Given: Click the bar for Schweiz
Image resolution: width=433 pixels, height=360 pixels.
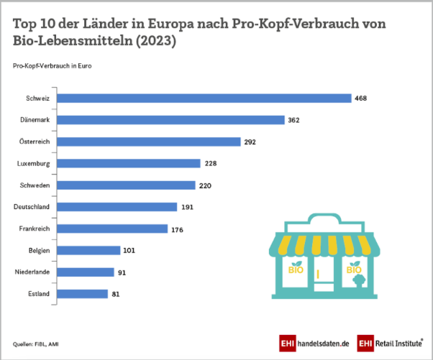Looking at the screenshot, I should (x=204, y=98).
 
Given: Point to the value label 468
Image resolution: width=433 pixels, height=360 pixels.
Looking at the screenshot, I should (x=361, y=98).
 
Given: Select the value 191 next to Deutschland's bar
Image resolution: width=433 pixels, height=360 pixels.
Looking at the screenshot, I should (x=187, y=207).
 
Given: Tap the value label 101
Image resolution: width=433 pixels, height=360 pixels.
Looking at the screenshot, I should (x=129, y=251).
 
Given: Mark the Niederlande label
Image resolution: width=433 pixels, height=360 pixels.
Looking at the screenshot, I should (x=32, y=272).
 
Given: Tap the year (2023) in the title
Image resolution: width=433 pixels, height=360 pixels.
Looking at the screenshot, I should (x=152, y=42).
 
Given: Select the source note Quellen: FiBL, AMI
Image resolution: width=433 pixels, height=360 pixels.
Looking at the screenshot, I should (x=37, y=343).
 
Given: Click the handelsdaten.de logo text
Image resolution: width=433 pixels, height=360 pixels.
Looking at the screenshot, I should (x=322, y=343).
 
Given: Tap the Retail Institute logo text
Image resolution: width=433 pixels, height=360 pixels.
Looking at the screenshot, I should (x=397, y=343).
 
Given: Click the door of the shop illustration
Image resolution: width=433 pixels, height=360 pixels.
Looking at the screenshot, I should (x=322, y=274).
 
